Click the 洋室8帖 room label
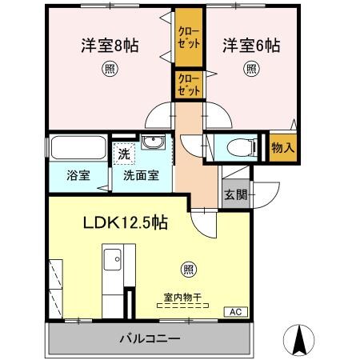tap(109, 46)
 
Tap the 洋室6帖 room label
tap(251, 46)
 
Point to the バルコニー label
tap(150, 338)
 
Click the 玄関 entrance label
tap(234, 194)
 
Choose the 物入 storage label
tap(282, 148)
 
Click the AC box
tap(235, 311)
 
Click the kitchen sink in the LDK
tap(113, 258)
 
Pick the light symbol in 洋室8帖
tap(108, 69)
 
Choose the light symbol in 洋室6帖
tap(250, 69)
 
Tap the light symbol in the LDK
tap(186, 269)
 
